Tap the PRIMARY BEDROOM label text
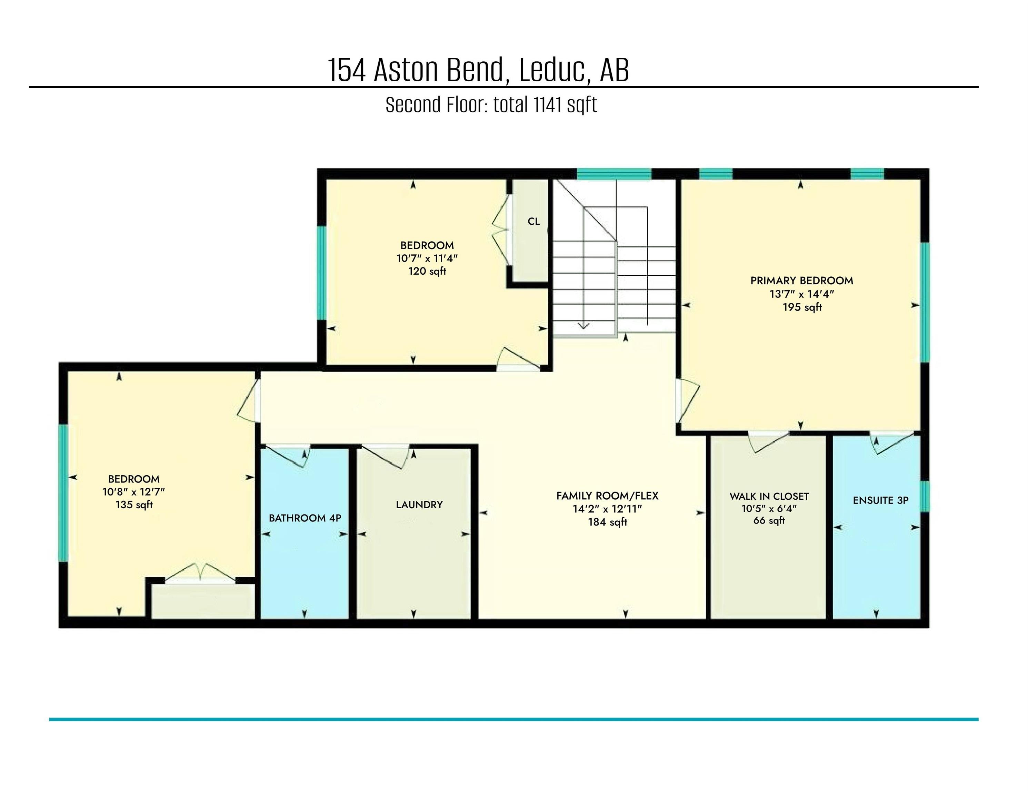tap(801, 281)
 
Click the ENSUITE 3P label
tap(880, 500)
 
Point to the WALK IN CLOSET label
tap(769, 496)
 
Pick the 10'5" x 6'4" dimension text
tap(769, 508)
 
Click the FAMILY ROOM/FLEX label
tap(607, 496)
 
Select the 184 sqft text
tap(607, 522)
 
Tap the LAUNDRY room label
tap(419, 505)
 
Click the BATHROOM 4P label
tap(305, 518)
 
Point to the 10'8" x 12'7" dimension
tap(134, 492)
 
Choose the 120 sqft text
tap(427, 272)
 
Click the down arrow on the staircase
tap(584, 325)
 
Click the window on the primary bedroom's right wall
tap(925, 303)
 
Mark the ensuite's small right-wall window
tap(925, 496)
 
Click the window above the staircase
tap(614, 174)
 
